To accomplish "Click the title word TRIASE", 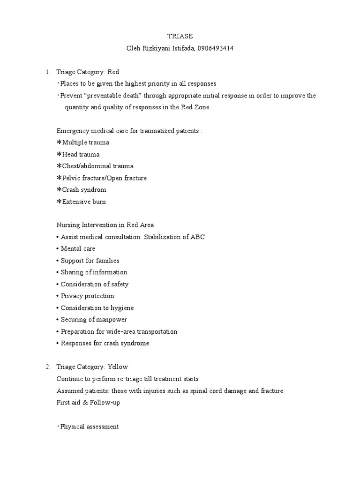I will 180,36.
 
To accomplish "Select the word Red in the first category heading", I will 113,72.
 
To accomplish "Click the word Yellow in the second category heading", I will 118,367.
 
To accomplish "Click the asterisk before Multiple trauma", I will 59,142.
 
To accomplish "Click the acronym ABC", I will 197,237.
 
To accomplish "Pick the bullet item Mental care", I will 78,248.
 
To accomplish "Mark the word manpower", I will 112,320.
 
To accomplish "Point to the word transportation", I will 155,331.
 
